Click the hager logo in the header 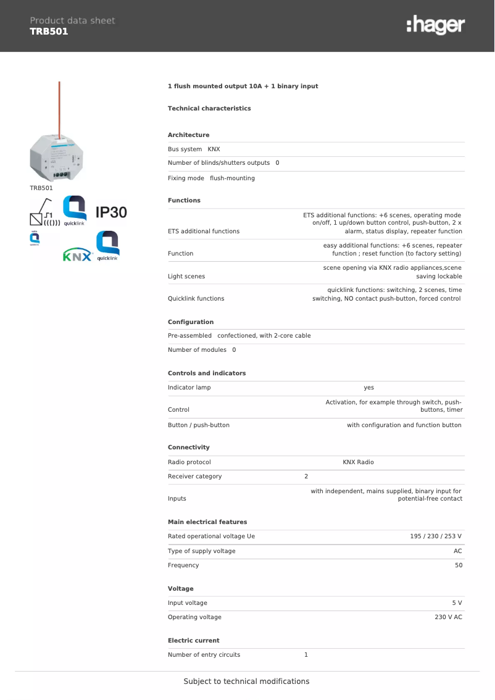click(x=435, y=26)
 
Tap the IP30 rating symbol click(x=111, y=212)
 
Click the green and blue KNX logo click(x=77, y=256)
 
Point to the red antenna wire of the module click(x=59, y=108)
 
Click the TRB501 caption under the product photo click(x=41, y=188)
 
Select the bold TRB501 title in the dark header click(x=49, y=31)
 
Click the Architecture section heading click(x=188, y=135)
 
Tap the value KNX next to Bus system click(x=214, y=149)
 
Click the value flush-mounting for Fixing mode click(x=232, y=178)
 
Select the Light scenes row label click(x=186, y=276)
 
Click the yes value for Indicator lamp click(x=368, y=388)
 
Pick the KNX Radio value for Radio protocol click(x=358, y=462)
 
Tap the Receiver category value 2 click(x=306, y=476)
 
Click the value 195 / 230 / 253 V click(x=436, y=536)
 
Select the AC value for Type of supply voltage click(x=457, y=551)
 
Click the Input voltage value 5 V click(x=457, y=602)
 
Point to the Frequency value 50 click(x=458, y=565)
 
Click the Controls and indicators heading click(x=207, y=373)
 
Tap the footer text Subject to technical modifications click(x=246, y=681)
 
